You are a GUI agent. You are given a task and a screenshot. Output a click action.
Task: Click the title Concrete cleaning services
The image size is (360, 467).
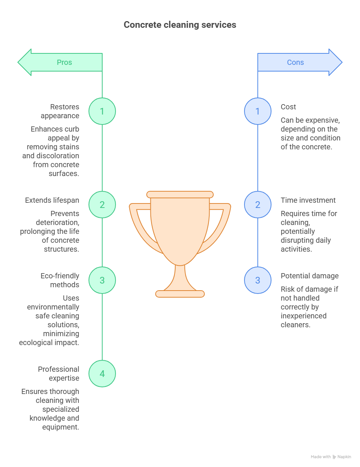pos(180,25)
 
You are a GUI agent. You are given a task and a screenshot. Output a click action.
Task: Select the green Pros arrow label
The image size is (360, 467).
pos(64,62)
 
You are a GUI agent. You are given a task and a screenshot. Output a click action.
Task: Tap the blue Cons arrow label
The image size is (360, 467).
pos(296,62)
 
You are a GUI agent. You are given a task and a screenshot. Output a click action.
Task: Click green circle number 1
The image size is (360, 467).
pos(102,111)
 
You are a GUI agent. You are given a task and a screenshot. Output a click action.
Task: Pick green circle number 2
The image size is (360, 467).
pos(102,205)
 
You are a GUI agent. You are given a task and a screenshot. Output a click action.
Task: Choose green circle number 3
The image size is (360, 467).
pos(102,280)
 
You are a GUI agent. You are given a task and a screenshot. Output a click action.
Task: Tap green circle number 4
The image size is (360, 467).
pos(102,374)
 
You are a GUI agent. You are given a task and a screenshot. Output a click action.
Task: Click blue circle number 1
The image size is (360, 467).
pos(258,111)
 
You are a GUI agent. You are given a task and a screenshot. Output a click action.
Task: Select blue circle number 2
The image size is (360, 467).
pos(258,205)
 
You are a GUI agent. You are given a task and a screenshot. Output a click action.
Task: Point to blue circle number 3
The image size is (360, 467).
pos(258,280)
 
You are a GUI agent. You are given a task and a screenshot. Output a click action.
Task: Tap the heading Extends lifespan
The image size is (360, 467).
pos(52,200)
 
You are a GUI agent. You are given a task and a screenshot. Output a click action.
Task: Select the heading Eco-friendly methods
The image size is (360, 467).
pos(60,280)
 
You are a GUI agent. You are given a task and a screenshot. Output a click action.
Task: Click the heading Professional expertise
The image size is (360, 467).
pos(59,374)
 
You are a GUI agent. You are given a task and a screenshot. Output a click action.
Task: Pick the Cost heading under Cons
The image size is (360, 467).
pos(288,107)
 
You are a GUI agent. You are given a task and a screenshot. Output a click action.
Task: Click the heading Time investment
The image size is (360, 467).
pos(308,200)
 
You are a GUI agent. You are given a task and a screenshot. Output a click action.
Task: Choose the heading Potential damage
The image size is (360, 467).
pos(310,276)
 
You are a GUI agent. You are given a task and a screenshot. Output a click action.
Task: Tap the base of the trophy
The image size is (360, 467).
pos(180,294)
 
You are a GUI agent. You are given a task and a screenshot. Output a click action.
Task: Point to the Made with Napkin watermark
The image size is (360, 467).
pos(331,457)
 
